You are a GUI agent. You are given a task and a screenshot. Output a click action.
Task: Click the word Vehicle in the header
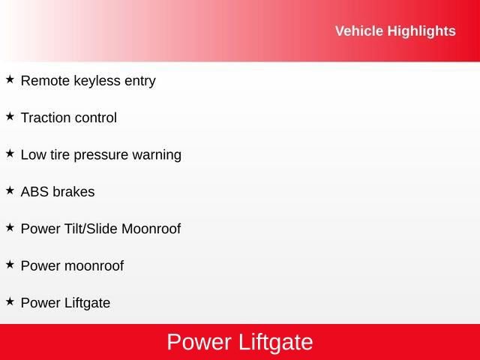(x=358, y=31)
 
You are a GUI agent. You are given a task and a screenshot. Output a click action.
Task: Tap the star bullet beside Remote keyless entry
(x=10, y=79)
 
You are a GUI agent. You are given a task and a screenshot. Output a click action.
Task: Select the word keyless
(x=97, y=81)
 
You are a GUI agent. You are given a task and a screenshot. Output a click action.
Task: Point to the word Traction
(x=45, y=118)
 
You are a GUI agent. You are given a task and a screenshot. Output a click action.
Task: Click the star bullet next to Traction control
(x=10, y=116)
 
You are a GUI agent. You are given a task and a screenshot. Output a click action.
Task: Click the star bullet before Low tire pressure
(x=10, y=153)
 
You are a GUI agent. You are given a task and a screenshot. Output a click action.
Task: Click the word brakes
(x=73, y=192)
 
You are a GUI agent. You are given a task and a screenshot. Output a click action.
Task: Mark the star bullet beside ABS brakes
(x=10, y=190)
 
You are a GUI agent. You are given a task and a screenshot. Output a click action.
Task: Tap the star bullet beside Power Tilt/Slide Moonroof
(x=10, y=227)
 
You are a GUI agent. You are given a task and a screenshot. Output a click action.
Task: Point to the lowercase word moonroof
(x=94, y=266)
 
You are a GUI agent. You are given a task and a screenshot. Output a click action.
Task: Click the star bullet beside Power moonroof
(x=10, y=264)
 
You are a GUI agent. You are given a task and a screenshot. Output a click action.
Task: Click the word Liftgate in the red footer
(x=275, y=343)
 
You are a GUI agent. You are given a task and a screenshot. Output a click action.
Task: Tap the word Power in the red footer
(x=199, y=343)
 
